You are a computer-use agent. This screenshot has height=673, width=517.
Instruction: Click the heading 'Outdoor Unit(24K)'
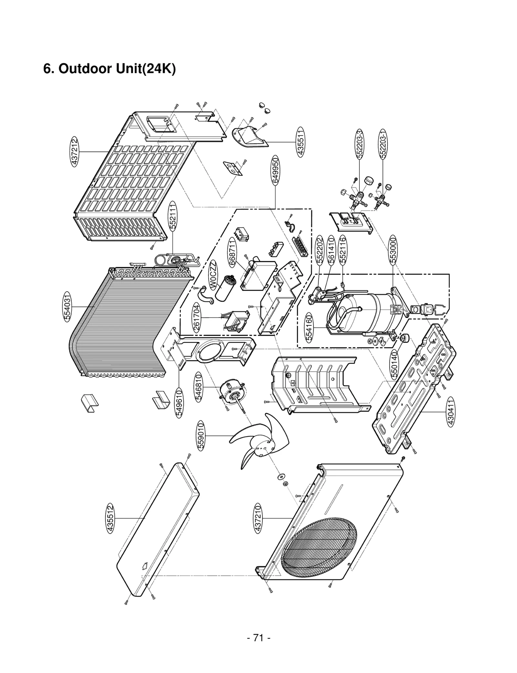point(110,69)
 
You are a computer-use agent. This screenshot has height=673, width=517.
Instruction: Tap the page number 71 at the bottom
point(258,637)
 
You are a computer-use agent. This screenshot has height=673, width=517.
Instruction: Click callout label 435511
point(301,142)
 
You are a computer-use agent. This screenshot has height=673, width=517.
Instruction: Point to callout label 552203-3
point(360,144)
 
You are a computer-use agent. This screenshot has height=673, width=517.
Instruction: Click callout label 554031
point(67,307)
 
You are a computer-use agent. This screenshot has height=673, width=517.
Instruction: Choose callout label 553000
point(393,250)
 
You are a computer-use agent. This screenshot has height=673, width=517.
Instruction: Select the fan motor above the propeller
point(233,393)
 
